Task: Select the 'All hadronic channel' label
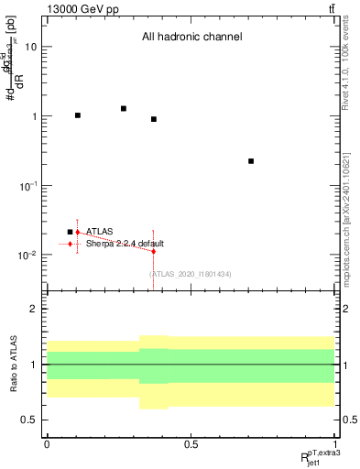tap(191, 38)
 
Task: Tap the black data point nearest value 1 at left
tap(78, 115)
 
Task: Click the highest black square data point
tap(123, 108)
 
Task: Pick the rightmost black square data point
tap(251, 161)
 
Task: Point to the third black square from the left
tap(154, 119)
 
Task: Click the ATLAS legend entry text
tap(100, 232)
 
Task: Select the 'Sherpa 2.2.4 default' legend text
tap(125, 244)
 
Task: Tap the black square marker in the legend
tap(70, 232)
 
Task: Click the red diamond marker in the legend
tap(70, 244)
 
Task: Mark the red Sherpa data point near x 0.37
tap(154, 251)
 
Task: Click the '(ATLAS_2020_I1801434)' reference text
tap(190, 274)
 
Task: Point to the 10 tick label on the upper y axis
tap(31, 47)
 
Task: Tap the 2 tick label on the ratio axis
tap(34, 310)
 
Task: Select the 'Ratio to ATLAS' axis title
tap(13, 364)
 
